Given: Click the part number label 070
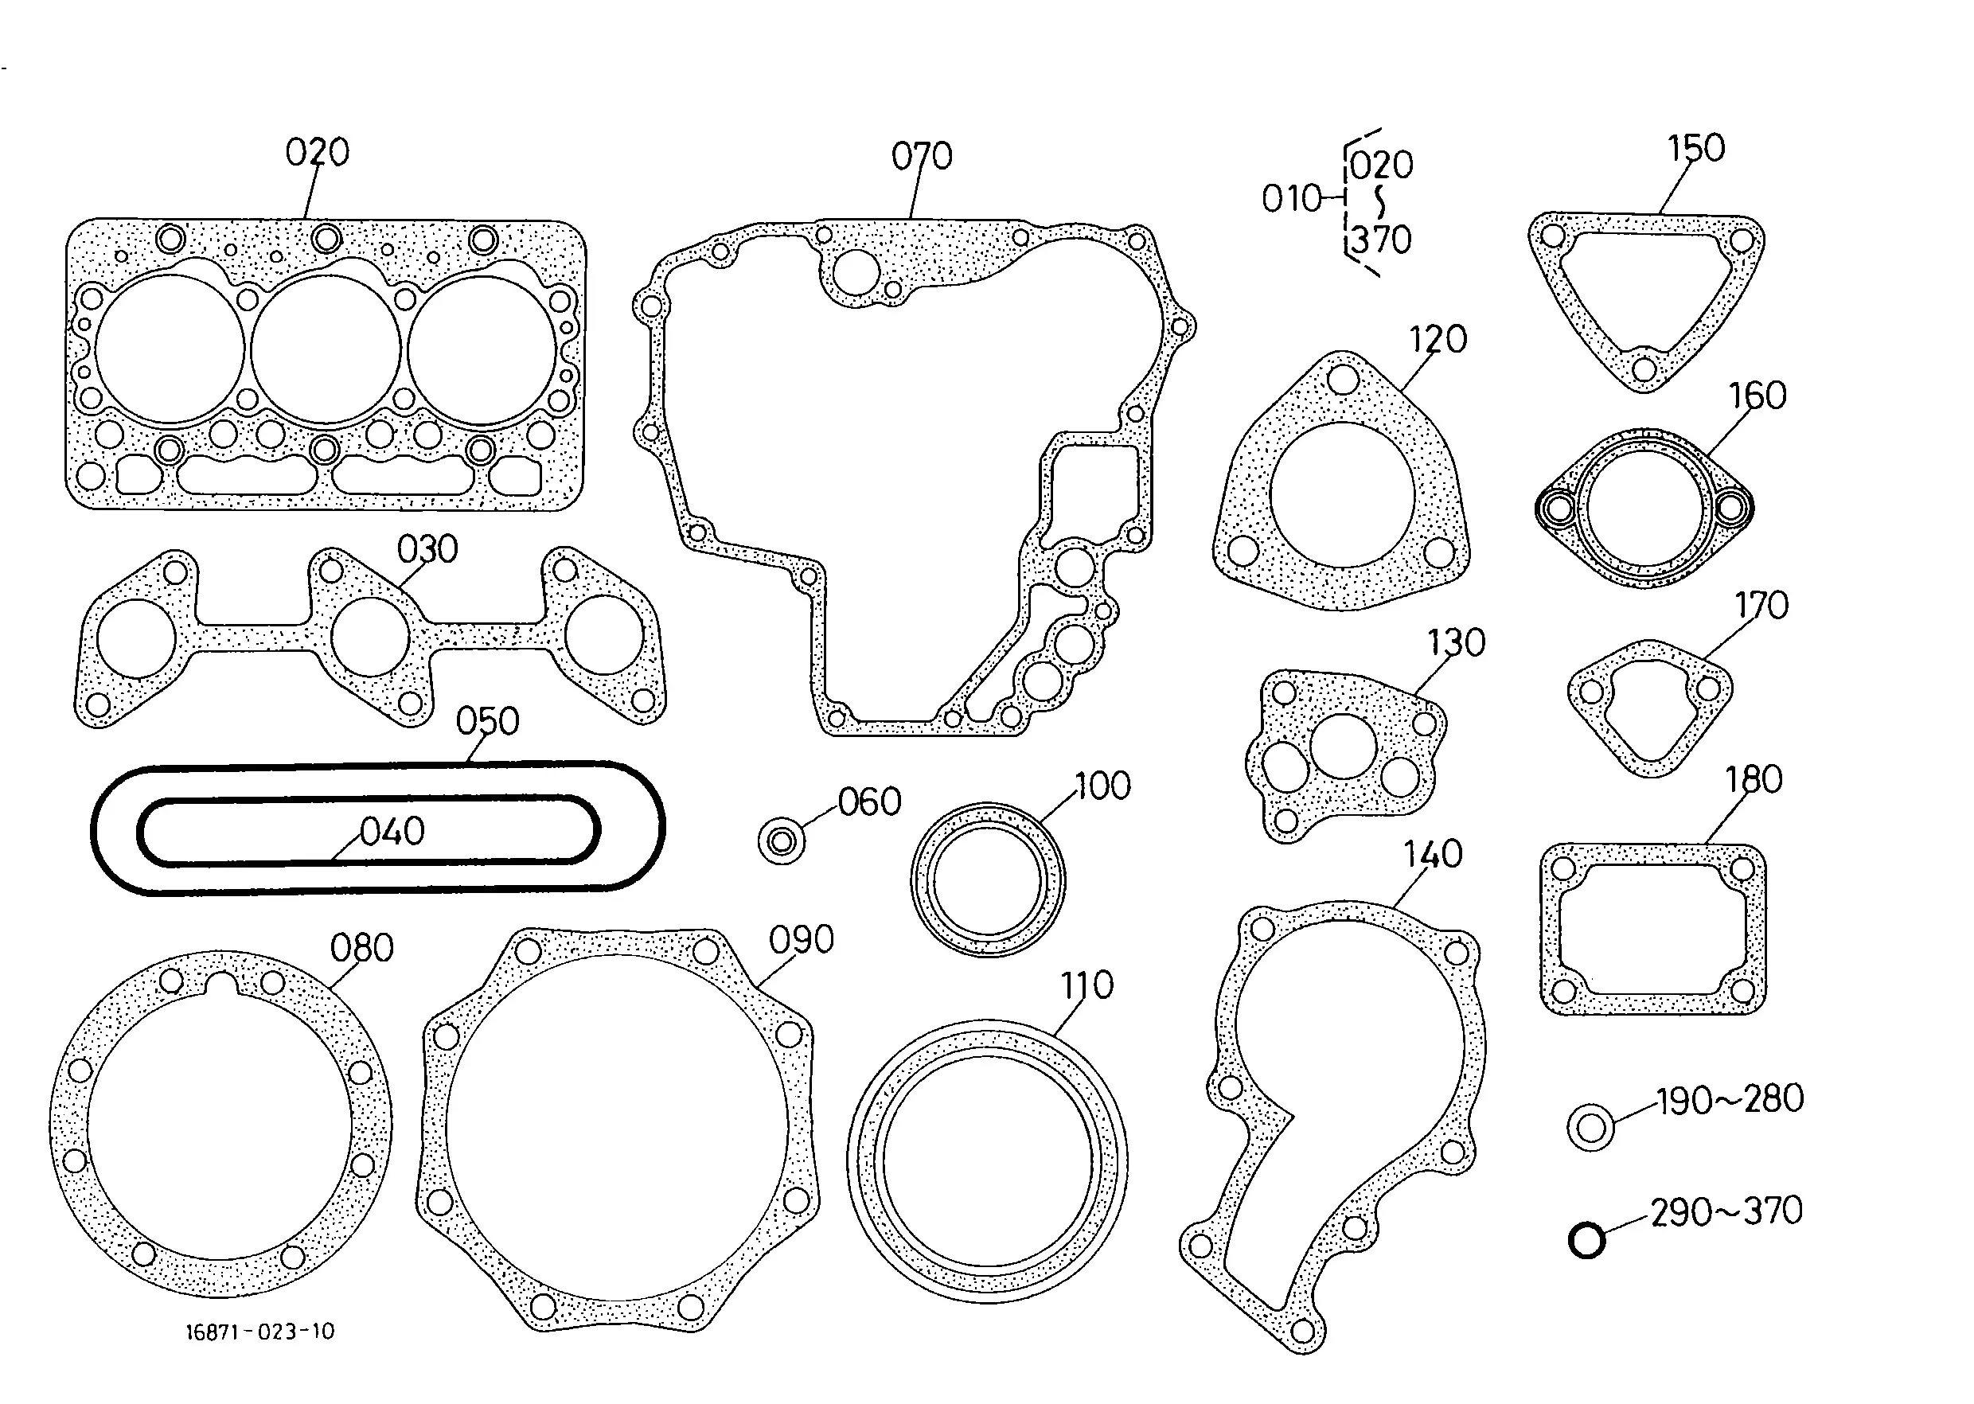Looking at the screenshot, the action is tap(922, 157).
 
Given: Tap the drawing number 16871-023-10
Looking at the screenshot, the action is tap(260, 1332).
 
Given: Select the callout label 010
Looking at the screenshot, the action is tap(1292, 199).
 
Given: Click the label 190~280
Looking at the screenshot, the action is tap(1730, 1099).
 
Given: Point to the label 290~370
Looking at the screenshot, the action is tap(1726, 1211).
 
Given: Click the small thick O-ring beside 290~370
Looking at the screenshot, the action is tap(1586, 1241).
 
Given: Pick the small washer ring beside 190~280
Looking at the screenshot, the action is tap(1591, 1127).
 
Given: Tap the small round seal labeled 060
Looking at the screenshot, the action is tap(782, 840).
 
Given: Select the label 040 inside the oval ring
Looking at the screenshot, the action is tap(392, 832).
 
